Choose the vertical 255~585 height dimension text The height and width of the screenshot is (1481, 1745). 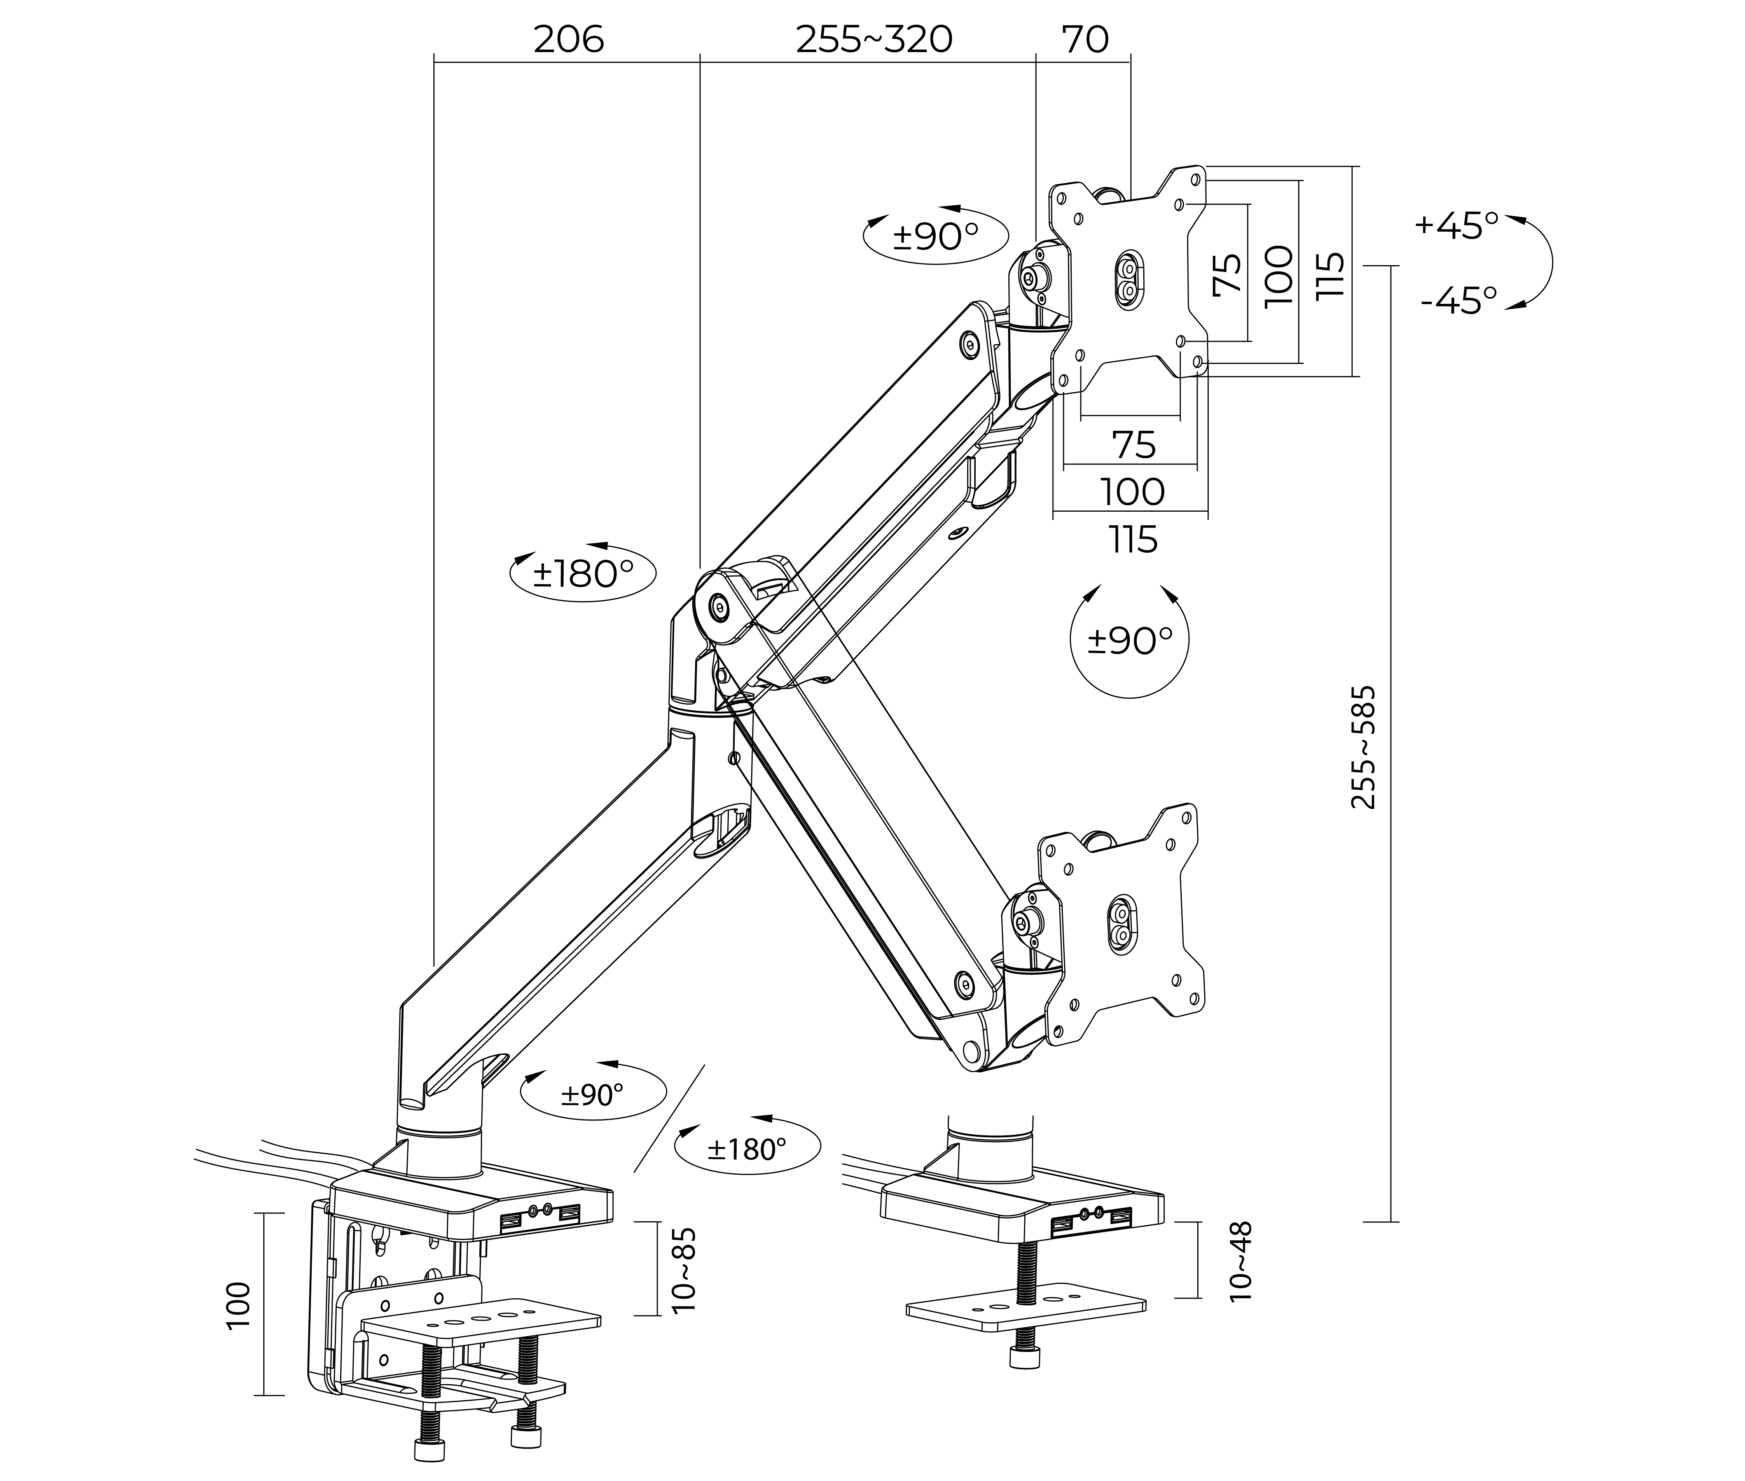coord(1363,747)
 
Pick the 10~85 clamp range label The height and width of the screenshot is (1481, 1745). coord(684,1269)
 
